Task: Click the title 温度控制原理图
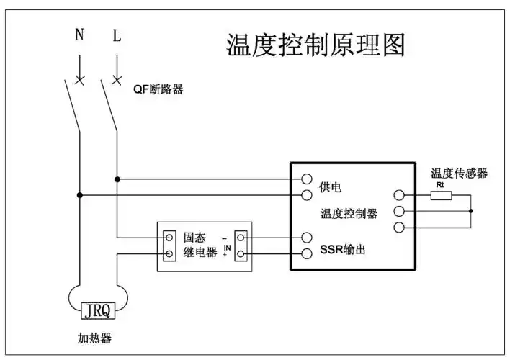(x=316, y=44)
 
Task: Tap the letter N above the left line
(x=79, y=35)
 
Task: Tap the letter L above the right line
(x=117, y=35)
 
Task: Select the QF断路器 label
(x=158, y=89)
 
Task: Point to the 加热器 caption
(x=96, y=338)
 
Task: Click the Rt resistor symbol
(x=441, y=194)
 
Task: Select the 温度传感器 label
(x=459, y=174)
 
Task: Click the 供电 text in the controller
(x=330, y=187)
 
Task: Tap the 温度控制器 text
(x=349, y=214)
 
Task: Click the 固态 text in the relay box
(x=194, y=237)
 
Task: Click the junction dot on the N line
(x=79, y=194)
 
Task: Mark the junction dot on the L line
(x=117, y=178)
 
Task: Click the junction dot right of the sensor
(x=470, y=211)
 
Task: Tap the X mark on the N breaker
(x=79, y=78)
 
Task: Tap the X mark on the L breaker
(x=117, y=78)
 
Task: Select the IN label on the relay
(x=227, y=247)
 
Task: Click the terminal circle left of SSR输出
(x=307, y=253)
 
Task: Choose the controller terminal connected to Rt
(x=398, y=194)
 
